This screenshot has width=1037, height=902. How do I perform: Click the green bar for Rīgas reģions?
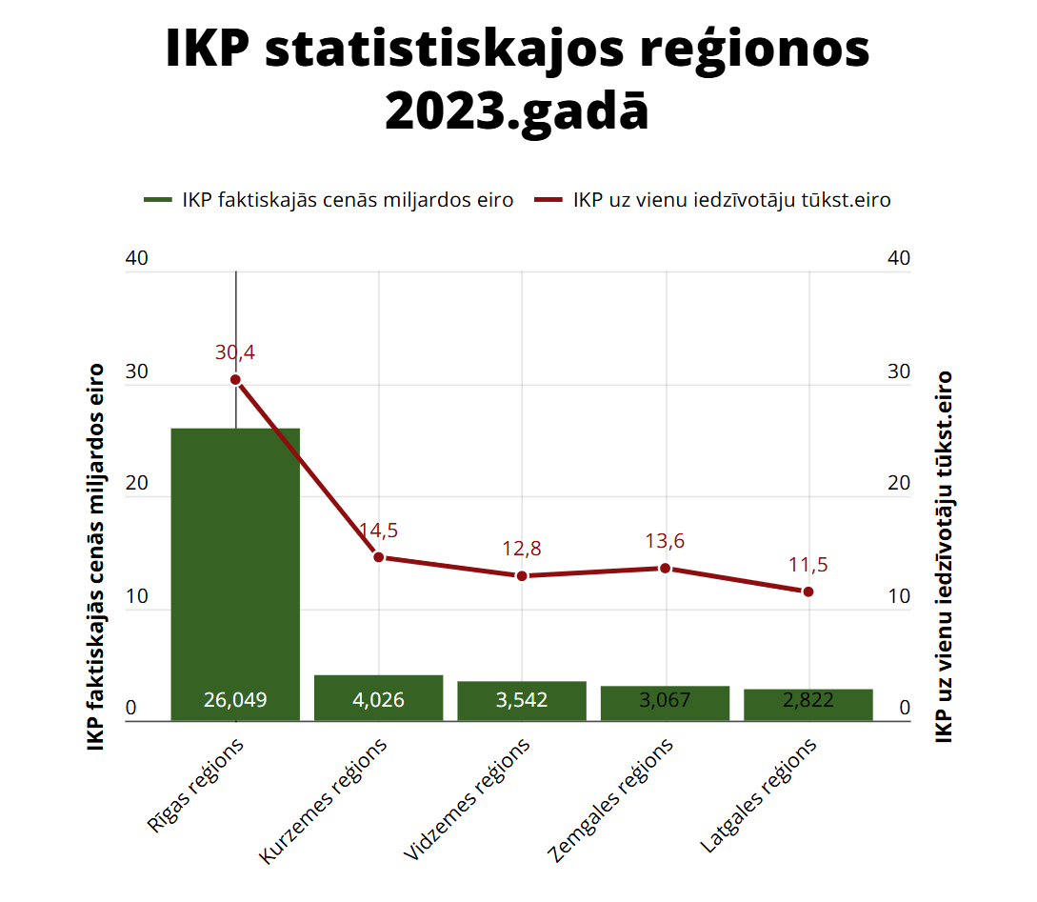pos(235,571)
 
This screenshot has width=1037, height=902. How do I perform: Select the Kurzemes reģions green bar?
pos(379,688)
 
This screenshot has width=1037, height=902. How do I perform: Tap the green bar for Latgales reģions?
pos(808,705)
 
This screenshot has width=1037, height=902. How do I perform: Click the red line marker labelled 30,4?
pos(235,380)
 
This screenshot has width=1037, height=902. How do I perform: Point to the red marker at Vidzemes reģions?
pos(522,576)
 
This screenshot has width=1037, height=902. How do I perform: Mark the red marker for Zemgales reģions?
pos(666,568)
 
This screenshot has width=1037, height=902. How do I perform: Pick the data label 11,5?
pos(808,565)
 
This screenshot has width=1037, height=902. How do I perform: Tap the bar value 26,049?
pos(235,701)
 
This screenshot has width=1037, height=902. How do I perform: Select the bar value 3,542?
pos(522,701)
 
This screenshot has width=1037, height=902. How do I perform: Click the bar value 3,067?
pos(666,701)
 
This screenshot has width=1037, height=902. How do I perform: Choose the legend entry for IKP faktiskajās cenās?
pos(329,200)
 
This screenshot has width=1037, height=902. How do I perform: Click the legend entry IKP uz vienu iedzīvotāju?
pos(712,200)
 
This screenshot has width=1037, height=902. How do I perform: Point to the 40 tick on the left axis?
pos(137,259)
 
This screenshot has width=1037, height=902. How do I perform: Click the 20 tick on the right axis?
pos(899,484)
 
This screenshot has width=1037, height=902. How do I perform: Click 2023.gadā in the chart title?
pos(517,112)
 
